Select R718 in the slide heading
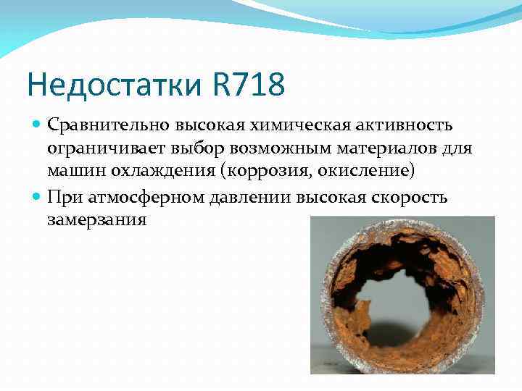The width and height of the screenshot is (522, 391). pos(249,84)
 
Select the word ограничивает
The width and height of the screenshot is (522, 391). pos(96,148)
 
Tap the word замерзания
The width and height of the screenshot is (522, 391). pos(97,219)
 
